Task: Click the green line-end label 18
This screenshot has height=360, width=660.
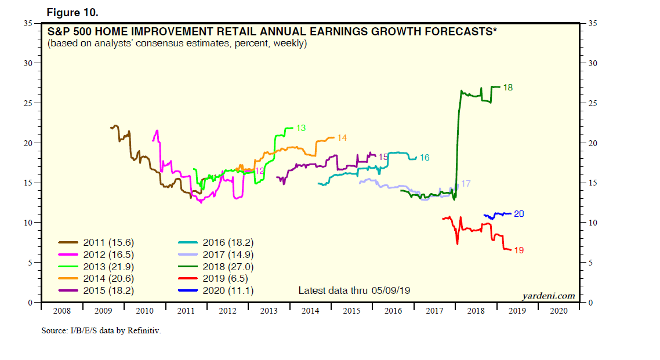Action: (508, 88)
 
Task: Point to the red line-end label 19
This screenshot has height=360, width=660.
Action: (519, 250)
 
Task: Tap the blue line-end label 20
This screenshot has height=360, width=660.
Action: (519, 214)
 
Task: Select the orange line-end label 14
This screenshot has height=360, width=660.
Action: (342, 138)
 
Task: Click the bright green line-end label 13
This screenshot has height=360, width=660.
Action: (300, 128)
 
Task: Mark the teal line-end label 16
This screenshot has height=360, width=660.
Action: (425, 158)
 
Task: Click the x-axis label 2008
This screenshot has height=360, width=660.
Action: (62, 311)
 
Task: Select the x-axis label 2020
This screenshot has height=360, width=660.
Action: (558, 311)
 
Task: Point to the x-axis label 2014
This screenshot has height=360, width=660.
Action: (310, 311)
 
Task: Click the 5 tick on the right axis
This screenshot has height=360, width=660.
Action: (590, 263)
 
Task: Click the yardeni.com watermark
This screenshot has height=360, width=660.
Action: (548, 296)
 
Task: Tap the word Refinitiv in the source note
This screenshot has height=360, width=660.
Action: (143, 332)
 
